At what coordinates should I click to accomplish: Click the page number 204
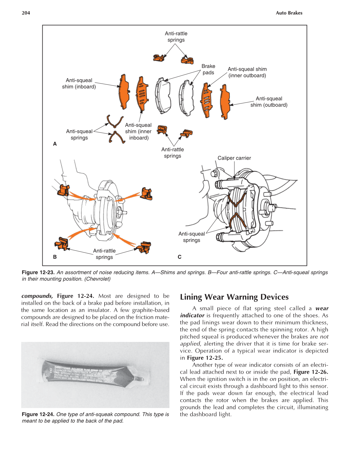click(26, 13)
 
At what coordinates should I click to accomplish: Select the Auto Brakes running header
click(289, 13)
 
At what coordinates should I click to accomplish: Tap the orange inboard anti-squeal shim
click(124, 92)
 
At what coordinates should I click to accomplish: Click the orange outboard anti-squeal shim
click(225, 102)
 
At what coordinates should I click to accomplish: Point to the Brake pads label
click(208, 69)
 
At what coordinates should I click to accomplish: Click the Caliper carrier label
click(234, 158)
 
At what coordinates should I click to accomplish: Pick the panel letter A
click(55, 144)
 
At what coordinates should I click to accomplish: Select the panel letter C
click(179, 257)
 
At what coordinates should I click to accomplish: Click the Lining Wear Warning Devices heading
click(234, 297)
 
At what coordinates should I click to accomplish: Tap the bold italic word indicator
click(192, 315)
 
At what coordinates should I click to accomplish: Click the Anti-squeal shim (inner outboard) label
click(247, 72)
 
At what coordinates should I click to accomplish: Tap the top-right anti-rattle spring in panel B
click(146, 194)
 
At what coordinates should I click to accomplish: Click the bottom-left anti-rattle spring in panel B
click(62, 244)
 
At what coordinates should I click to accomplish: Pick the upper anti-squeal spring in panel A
click(114, 121)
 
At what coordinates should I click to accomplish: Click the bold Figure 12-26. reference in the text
click(310, 372)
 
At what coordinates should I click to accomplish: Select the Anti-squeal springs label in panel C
click(192, 237)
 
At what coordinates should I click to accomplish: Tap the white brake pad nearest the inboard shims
click(163, 96)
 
